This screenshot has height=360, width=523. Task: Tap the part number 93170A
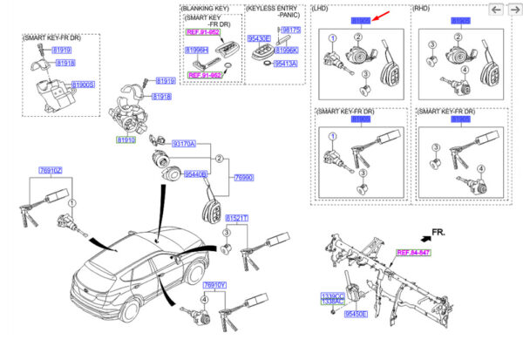click(183, 143)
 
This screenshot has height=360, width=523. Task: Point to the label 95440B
click(193, 174)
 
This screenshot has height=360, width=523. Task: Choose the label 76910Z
click(51, 170)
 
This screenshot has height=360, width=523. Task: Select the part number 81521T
click(237, 217)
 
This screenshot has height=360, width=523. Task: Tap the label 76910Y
click(214, 285)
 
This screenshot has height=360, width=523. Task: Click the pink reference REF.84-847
click(415, 252)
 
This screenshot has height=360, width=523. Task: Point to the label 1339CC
click(333, 295)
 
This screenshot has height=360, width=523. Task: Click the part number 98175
click(290, 30)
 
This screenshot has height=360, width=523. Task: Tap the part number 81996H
click(197, 51)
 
